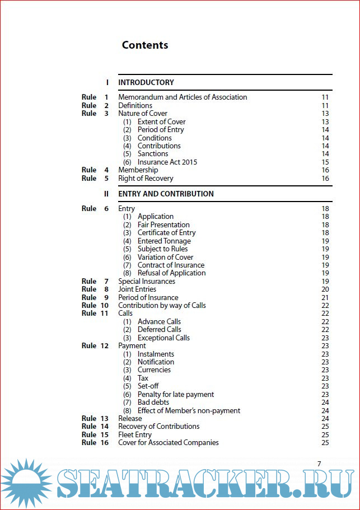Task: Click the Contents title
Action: click(144, 45)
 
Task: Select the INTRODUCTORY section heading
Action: click(146, 82)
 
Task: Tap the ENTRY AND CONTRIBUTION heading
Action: click(166, 194)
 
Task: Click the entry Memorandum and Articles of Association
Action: click(183, 97)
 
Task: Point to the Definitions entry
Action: click(135, 105)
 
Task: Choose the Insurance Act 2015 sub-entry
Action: click(167, 162)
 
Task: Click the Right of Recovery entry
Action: click(146, 179)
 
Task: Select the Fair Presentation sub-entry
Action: click(163, 224)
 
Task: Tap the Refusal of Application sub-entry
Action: click(171, 273)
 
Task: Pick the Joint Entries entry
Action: click(137, 289)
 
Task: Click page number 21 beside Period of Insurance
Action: click(325, 297)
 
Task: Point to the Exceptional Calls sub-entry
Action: click(163, 338)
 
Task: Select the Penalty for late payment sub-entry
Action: click(176, 395)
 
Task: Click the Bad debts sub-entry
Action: click(153, 403)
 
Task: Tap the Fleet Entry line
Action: click(135, 434)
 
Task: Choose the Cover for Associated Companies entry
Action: click(169, 443)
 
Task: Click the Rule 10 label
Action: click(95, 305)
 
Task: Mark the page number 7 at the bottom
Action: click(319, 464)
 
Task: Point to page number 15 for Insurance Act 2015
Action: click(325, 162)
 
